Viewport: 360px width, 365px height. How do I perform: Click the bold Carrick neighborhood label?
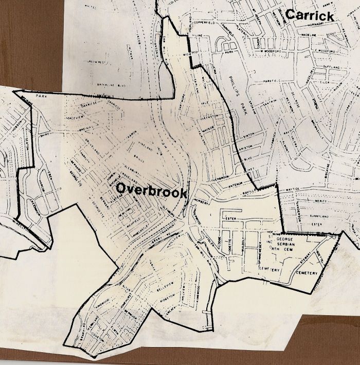pyautogui.click(x=309, y=15)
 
